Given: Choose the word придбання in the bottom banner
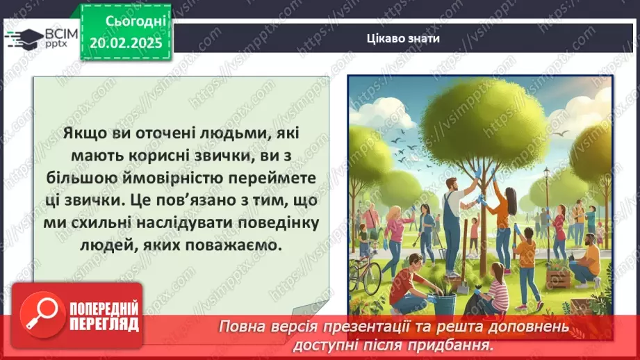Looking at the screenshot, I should click(x=461, y=345).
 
